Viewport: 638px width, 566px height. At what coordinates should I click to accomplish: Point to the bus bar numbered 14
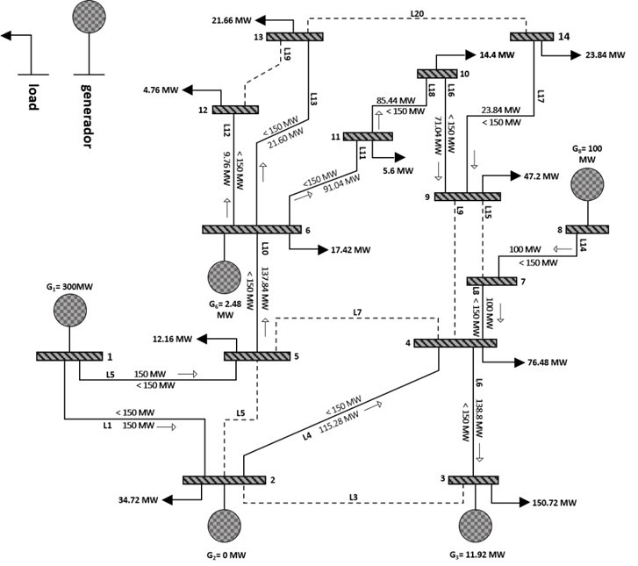[x=530, y=36]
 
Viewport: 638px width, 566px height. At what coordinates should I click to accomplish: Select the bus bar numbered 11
[x=367, y=136]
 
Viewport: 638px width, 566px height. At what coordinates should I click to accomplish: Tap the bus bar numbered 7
[x=491, y=281]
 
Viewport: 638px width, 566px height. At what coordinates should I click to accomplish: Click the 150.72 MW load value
[x=555, y=503]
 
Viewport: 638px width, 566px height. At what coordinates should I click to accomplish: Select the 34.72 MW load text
[x=137, y=500]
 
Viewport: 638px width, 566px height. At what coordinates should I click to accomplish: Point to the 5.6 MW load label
[x=397, y=171]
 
